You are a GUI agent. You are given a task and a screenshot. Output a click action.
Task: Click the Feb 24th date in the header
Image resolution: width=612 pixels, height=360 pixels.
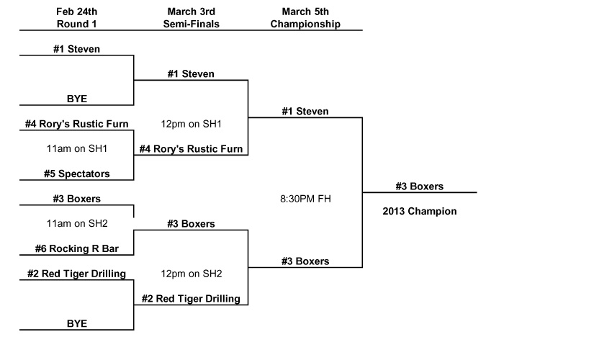coord(76,12)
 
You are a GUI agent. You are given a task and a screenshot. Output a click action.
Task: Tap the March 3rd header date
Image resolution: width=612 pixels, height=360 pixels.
coord(191,12)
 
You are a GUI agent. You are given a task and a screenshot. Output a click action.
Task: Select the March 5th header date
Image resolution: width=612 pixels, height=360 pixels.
coord(305,12)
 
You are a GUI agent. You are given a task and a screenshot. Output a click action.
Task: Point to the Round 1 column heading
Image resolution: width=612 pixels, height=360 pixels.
coord(76,24)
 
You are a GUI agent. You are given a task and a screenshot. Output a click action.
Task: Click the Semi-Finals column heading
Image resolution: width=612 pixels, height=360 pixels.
coord(191,24)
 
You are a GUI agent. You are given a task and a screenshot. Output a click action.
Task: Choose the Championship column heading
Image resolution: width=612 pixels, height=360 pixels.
coord(305,24)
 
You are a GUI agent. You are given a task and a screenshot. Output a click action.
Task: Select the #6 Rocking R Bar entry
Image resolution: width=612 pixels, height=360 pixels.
coord(76,249)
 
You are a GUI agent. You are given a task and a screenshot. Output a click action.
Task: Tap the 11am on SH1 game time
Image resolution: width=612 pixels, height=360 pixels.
coord(76,149)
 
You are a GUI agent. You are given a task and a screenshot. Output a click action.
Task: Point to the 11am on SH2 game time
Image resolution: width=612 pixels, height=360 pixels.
coord(76,224)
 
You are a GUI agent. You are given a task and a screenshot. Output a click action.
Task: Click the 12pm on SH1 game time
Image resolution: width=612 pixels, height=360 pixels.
coord(191,124)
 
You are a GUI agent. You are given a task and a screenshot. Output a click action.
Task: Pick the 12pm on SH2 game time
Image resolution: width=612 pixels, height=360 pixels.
coord(191,274)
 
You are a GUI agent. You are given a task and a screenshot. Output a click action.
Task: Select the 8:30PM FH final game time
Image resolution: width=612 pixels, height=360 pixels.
coord(305,199)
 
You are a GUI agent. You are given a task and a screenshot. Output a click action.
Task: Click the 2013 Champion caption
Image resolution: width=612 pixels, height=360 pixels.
coord(419,212)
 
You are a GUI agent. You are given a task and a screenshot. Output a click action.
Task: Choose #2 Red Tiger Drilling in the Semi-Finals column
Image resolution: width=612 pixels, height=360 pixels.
coord(191,299)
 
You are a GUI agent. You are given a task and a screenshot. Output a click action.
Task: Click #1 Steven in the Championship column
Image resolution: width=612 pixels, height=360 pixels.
coord(305,112)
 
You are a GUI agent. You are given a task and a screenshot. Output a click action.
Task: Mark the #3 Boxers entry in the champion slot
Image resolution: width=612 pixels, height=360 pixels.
coord(419,186)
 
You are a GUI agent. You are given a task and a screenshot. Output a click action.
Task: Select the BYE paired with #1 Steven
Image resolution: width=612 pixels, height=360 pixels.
coord(76,99)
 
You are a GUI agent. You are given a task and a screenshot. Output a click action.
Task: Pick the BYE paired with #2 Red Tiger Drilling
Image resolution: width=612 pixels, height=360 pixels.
coord(76,324)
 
